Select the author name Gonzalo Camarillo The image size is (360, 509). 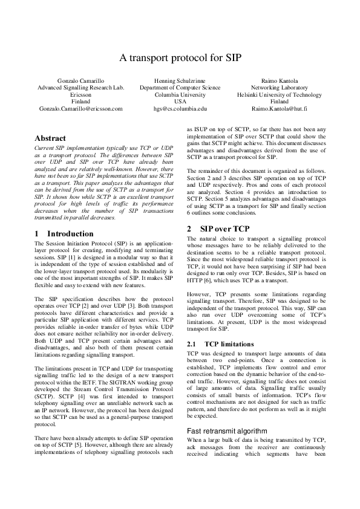tap(80, 80)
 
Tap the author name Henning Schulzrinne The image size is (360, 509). tap(180, 80)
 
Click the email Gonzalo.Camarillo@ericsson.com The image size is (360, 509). tap(80, 109)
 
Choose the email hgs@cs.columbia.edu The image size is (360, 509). tap(180, 109)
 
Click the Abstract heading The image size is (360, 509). tap(51, 138)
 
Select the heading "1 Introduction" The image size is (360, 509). tap(64, 233)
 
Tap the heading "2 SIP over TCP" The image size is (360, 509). tap(217, 229)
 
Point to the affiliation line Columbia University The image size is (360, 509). tap(180, 95)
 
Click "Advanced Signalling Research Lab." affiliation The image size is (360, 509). tap(80, 88)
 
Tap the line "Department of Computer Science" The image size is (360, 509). tap(180, 88)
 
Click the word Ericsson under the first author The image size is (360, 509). tap(80, 95)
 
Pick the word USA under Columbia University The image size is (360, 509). tap(180, 102)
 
